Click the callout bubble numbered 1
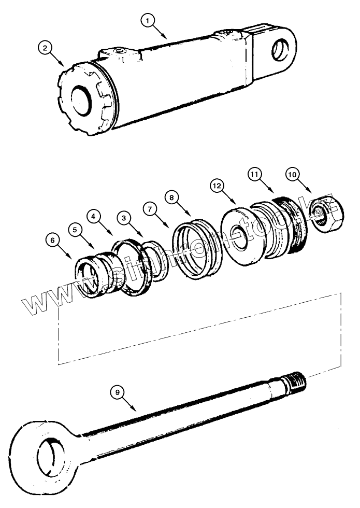pyautogui.click(x=149, y=20)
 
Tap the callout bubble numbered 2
pyautogui.click(x=46, y=48)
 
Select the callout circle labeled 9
pyautogui.click(x=118, y=392)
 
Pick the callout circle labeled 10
pyautogui.click(x=292, y=175)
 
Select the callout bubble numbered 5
pyautogui.click(x=75, y=228)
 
